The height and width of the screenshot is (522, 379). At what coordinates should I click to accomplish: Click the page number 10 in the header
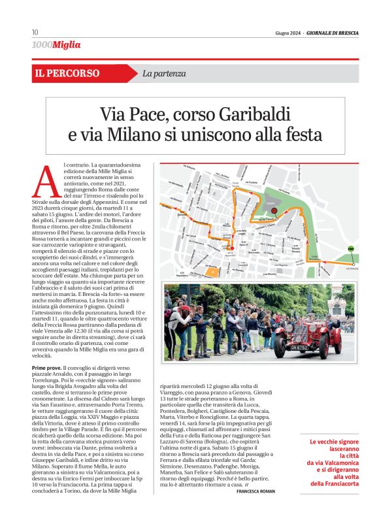pyautogui.click(x=35, y=32)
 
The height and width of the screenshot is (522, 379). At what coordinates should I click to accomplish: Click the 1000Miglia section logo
pyautogui.click(x=56, y=44)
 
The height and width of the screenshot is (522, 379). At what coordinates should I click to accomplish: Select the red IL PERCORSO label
pyautogui.click(x=67, y=74)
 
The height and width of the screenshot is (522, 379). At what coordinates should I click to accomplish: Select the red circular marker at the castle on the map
pyautogui.click(x=275, y=210)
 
